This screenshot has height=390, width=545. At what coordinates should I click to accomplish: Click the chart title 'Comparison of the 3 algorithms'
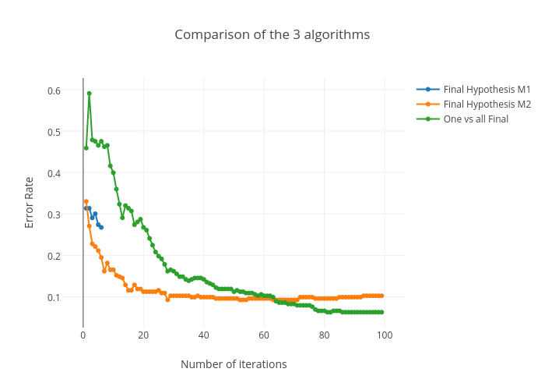(272, 34)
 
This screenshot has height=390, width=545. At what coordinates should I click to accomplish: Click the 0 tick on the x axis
(83, 335)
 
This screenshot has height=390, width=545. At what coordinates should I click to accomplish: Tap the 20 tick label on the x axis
(143, 335)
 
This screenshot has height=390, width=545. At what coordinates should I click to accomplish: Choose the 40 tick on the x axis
(204, 335)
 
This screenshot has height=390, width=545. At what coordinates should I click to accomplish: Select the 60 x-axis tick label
(264, 335)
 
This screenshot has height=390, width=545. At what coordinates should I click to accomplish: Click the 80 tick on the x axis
(325, 335)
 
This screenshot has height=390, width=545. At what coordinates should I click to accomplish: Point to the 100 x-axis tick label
(385, 335)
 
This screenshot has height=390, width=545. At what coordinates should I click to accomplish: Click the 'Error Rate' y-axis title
(30, 202)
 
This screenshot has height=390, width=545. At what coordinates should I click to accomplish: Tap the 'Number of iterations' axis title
(234, 364)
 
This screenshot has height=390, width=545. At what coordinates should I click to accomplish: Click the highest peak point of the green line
(90, 94)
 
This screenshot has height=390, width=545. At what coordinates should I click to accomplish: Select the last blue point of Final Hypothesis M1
(101, 227)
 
